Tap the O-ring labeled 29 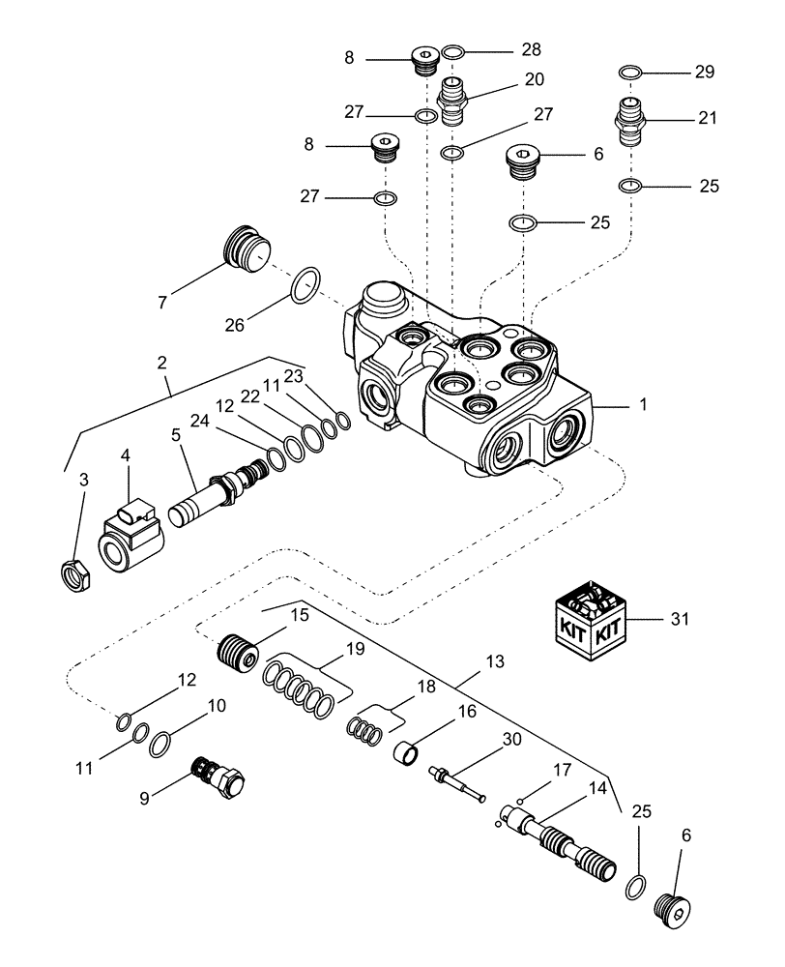[629, 72]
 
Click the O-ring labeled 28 [454, 50]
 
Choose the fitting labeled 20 [453, 100]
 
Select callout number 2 [161, 363]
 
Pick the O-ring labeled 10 [162, 741]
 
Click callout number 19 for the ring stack [355, 649]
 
